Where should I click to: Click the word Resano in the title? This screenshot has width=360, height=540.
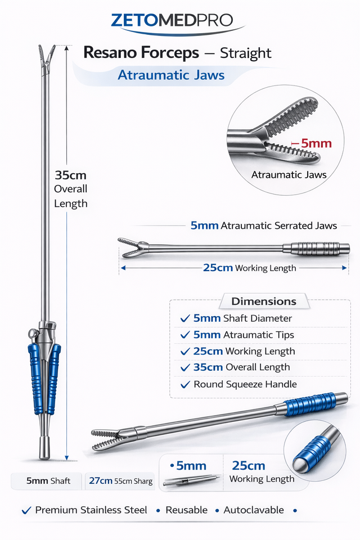click(x=111, y=53)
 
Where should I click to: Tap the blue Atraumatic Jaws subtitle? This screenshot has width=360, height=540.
click(x=171, y=75)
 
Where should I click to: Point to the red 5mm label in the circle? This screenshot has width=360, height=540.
click(x=315, y=143)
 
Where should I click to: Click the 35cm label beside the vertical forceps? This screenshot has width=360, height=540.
click(x=70, y=174)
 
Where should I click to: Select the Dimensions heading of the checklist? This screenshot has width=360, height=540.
click(x=264, y=301)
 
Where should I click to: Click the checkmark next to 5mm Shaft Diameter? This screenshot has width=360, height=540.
click(x=185, y=319)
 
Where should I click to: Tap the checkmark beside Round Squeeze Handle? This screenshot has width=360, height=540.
click(x=185, y=385)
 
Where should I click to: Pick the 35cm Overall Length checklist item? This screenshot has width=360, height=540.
click(x=241, y=367)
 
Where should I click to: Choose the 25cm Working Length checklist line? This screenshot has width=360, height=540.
click(x=244, y=351)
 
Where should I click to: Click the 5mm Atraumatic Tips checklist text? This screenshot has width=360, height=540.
click(x=244, y=335)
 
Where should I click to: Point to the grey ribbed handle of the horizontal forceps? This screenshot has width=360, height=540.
click(x=315, y=248)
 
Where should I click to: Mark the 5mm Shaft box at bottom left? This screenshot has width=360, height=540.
click(x=48, y=481)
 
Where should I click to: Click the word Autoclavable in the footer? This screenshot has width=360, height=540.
click(x=254, y=510)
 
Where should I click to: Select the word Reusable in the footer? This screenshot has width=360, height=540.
click(x=186, y=510)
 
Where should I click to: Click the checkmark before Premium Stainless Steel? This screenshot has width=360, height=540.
click(x=26, y=510)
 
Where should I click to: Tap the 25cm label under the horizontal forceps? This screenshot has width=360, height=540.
click(x=218, y=268)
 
